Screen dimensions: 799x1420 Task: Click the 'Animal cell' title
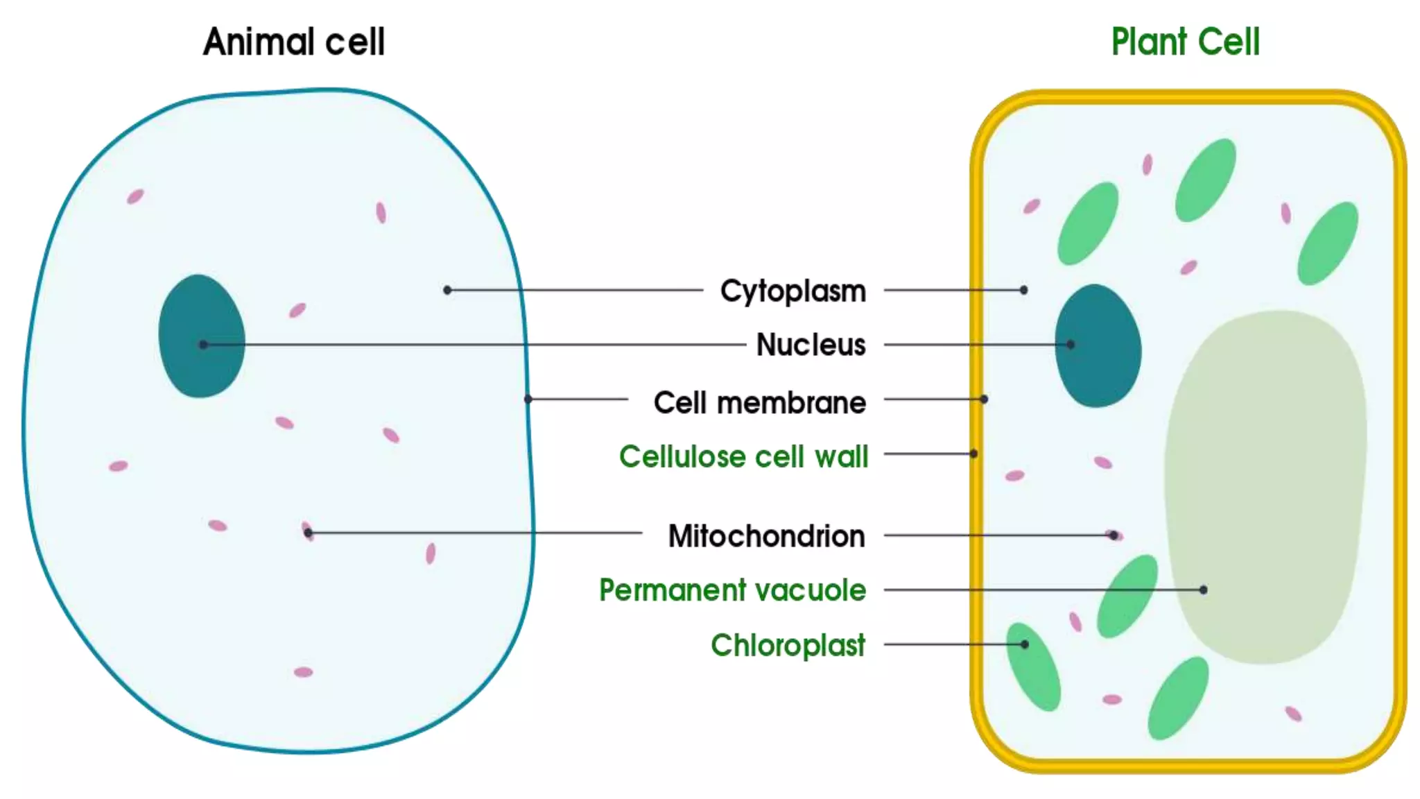coord(293,42)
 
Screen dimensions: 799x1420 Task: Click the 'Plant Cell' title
coord(1185,42)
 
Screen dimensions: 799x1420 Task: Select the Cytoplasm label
coord(793,291)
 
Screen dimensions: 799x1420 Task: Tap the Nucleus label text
coord(811,345)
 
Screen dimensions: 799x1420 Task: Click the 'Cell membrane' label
coord(759,403)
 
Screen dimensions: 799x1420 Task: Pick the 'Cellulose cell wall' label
coord(743,457)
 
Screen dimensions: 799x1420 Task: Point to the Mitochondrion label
coord(766,536)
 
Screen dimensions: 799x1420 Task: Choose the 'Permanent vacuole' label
coord(732,590)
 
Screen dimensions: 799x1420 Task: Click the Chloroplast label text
coord(788,645)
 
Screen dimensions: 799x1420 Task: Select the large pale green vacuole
coord(1265,486)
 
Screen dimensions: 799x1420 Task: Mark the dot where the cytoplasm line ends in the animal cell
coord(447,290)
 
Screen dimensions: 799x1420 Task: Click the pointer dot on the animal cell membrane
coord(528,399)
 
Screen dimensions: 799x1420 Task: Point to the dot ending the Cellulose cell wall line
coord(973,454)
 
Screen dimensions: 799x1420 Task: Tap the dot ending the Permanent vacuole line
coord(1203,590)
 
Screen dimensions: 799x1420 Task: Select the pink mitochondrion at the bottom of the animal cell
coord(303,672)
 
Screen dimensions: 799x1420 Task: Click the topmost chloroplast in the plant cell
coord(1206,180)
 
